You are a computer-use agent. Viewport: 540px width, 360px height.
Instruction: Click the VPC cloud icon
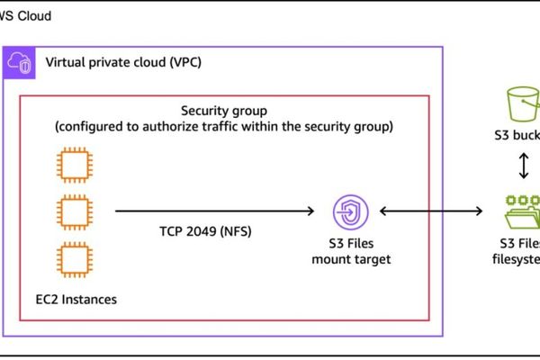tap(20, 63)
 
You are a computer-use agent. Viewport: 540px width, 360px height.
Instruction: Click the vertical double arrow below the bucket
tap(521, 165)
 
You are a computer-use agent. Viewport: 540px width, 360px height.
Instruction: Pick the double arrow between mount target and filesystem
tap(432, 211)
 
